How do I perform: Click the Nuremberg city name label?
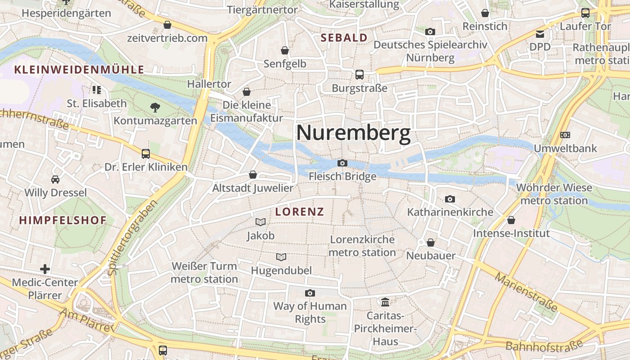tap(353, 134)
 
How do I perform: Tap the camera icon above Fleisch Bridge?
tap(342, 163)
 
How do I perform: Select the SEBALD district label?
tap(344, 38)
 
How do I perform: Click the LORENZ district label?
tap(300, 212)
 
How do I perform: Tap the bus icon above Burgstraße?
tap(359, 75)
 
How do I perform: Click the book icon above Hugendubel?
tap(281, 257)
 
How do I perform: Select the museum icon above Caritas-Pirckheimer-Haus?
tap(385, 301)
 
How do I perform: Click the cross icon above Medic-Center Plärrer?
tap(45, 269)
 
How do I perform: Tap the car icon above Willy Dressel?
tap(55, 180)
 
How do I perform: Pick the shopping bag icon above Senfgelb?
tap(284, 50)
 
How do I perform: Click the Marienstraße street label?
tap(526, 292)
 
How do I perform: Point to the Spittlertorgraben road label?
tap(134, 237)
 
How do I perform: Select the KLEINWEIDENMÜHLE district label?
tap(79, 70)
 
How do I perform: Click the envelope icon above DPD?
tap(540, 34)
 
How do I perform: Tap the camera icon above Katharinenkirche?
tap(450, 199)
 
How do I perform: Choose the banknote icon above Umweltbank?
tap(565, 135)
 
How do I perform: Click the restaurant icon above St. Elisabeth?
tap(97, 90)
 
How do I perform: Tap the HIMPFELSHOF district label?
tap(63, 220)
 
